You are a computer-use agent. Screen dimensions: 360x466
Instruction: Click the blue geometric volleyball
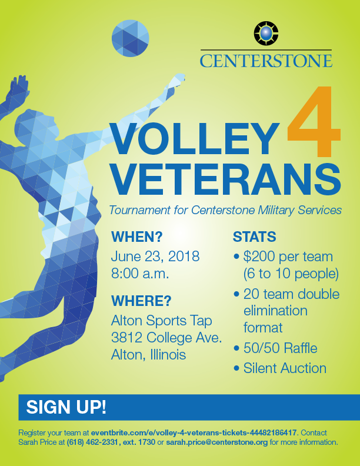(130, 38)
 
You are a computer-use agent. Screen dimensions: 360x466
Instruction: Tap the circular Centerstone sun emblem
(266, 34)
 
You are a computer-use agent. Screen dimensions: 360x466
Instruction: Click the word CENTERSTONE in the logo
(266, 61)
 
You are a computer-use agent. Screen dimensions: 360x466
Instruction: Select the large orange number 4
(314, 122)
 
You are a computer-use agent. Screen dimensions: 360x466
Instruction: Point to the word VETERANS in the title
(226, 179)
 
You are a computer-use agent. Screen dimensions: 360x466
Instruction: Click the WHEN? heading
(137, 237)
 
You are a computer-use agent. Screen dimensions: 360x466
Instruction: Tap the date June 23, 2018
(155, 256)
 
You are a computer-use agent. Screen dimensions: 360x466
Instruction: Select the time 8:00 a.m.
(140, 274)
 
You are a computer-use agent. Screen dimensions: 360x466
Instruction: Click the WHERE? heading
(141, 301)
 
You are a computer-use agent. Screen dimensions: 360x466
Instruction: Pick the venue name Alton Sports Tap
(162, 321)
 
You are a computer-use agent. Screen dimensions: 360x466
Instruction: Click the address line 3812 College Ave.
(166, 338)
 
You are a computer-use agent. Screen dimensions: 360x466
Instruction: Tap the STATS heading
(254, 237)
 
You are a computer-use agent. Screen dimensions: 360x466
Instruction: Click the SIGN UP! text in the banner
(66, 407)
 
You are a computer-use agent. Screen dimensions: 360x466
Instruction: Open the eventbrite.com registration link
(194, 432)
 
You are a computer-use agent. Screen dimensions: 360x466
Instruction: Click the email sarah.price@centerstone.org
(217, 442)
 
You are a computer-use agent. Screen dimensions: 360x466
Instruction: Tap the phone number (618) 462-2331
(93, 442)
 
